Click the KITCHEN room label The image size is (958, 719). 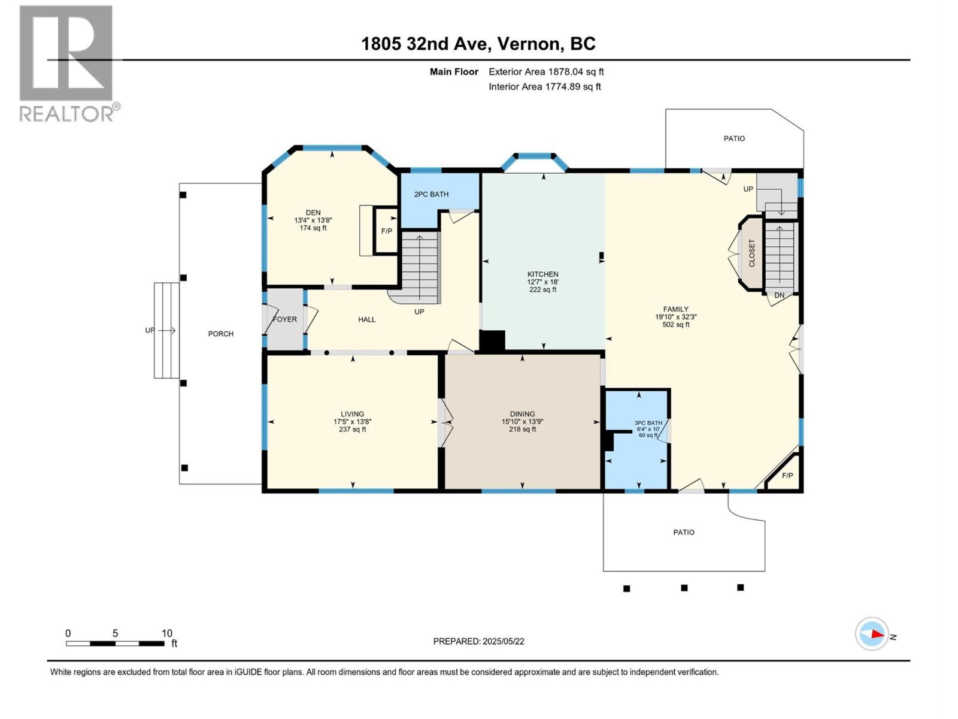click(x=542, y=274)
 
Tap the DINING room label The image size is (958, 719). click(x=522, y=414)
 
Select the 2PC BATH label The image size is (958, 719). click(x=431, y=194)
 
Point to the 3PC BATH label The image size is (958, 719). click(x=648, y=423)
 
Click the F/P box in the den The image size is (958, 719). click(x=387, y=231)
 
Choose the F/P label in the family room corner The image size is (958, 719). click(x=787, y=476)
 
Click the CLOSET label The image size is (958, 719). click(x=752, y=253)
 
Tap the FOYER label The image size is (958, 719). click(x=284, y=319)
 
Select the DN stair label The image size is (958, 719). click(x=779, y=295)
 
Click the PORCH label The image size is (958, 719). click(x=220, y=334)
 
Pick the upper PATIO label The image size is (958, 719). click(x=734, y=138)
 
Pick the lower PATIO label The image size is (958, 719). click(x=683, y=532)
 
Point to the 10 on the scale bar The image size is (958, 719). click(x=167, y=633)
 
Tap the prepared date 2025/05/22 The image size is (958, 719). click(x=502, y=641)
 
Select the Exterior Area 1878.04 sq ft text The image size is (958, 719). click(x=546, y=72)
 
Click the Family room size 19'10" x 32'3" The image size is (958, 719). click(x=675, y=317)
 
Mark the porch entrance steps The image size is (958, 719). click(x=166, y=330)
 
